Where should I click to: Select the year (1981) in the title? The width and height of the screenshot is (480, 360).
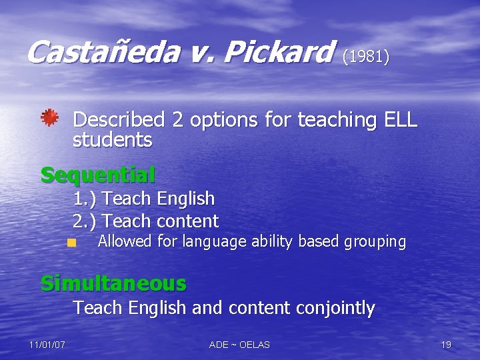point(365,56)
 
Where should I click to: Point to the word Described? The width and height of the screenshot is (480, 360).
point(119,120)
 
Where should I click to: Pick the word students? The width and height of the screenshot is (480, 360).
point(112,141)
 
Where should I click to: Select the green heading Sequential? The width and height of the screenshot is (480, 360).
point(97,175)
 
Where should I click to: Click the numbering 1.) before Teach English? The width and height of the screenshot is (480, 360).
point(85,199)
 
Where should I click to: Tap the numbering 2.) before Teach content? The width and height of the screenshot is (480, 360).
point(85,221)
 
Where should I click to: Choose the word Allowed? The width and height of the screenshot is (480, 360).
point(124,241)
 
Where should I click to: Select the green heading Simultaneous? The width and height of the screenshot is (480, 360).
point(113,283)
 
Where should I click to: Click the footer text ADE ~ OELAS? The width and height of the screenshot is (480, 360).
point(239,345)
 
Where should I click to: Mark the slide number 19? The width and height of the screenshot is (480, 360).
point(446,345)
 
